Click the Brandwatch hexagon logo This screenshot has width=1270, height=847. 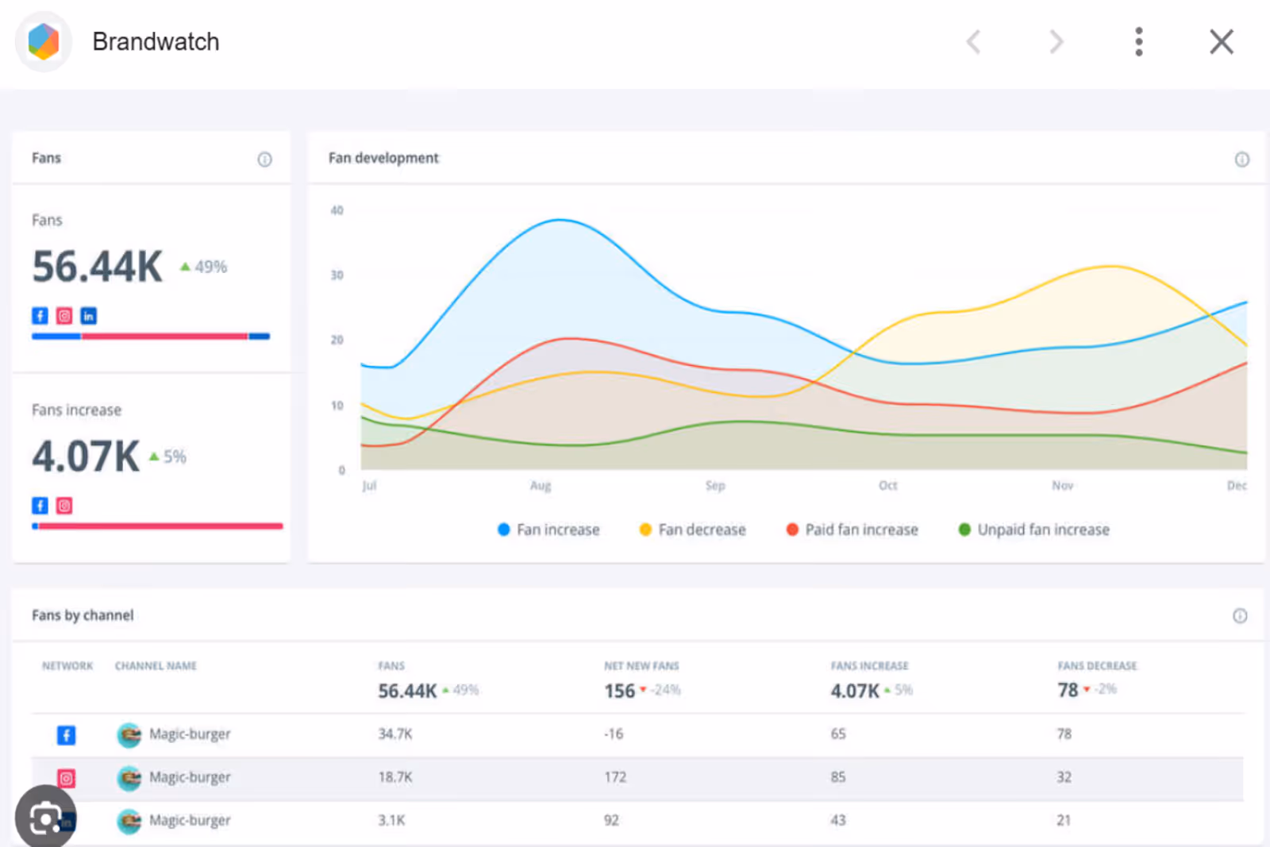pos(44,41)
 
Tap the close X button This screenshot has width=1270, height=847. pos(1222,42)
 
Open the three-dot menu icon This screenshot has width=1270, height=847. pos(1139,42)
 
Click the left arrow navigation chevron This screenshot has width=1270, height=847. pos(973,42)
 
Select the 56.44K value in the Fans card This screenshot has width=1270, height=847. pos(98,267)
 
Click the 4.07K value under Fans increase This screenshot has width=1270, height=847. pos(86,456)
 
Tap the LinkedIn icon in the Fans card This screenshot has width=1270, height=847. pos(88,316)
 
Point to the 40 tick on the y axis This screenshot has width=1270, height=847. pos(337,210)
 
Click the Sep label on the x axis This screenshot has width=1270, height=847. pos(715,486)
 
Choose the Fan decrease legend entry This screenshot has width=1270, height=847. pos(692,529)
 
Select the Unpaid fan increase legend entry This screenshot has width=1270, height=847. pos(1033,529)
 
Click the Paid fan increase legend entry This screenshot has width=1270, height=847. pos(852,529)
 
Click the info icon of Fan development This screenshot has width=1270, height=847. pos(1241,160)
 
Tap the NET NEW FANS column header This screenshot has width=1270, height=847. pos(641,665)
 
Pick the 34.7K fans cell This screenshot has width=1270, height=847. pos(395,734)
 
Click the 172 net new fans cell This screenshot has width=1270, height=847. pos(615,777)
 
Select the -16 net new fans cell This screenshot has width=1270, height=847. pos(614,734)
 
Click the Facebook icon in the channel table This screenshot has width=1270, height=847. pos(67,735)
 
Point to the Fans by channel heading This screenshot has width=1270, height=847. pos(83,616)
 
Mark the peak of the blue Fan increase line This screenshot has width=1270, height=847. pos(560,220)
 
